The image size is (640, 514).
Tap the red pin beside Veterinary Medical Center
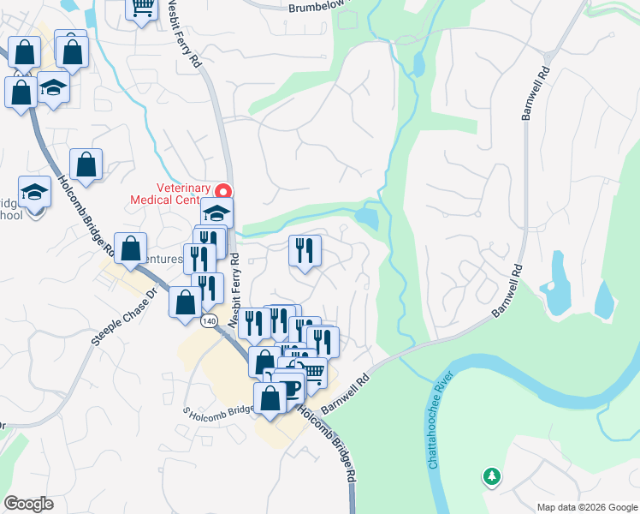click(224, 191)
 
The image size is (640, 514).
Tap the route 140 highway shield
click(210, 321)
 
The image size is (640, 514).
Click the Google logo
click(28, 504)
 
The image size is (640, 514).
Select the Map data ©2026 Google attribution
click(587, 507)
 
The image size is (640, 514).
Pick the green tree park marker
click(491, 475)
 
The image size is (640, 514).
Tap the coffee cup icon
click(289, 387)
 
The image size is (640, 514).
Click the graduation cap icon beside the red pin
click(216, 212)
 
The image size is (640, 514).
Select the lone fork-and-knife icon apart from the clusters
click(305, 250)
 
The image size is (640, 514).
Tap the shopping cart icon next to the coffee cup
click(312, 371)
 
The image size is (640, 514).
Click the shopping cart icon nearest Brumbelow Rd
click(141, 8)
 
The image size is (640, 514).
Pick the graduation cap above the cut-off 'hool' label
click(35, 191)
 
